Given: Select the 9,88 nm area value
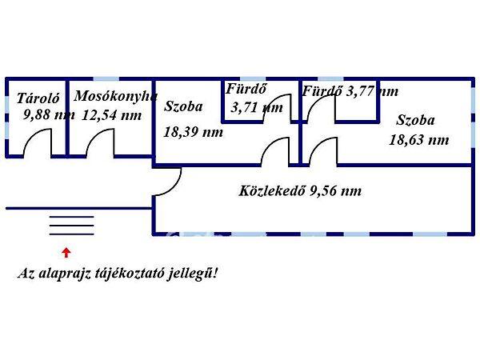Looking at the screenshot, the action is [x=49, y=114].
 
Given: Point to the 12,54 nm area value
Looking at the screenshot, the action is [x=112, y=114].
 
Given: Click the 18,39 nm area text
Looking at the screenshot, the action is [x=193, y=132].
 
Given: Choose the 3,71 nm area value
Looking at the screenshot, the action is [x=256, y=107].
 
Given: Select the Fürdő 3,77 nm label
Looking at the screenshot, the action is [x=350, y=91].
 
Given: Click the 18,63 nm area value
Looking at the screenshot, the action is [x=418, y=139].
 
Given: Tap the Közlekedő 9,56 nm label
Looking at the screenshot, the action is [x=300, y=191].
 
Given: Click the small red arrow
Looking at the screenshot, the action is [x=66, y=252].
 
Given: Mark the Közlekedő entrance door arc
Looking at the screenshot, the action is [x=164, y=185].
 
